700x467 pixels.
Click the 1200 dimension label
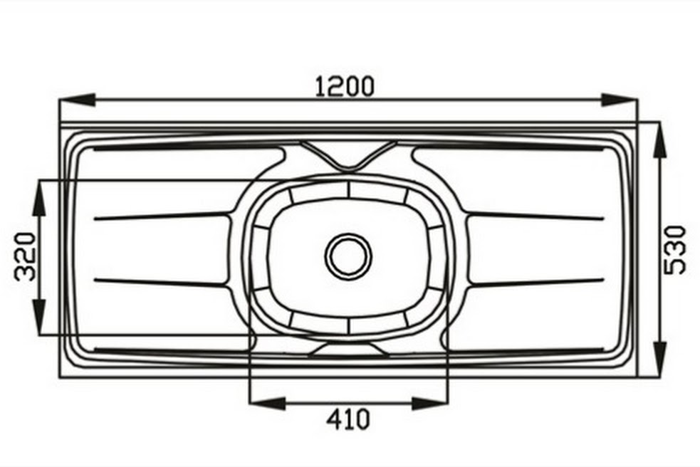click(x=345, y=86)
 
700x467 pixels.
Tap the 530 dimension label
click(x=675, y=250)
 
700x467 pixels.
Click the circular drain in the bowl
click(x=348, y=256)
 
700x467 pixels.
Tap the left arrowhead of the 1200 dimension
click(x=77, y=100)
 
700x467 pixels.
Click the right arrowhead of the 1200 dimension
click(x=620, y=100)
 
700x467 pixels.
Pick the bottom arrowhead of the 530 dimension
click(x=659, y=360)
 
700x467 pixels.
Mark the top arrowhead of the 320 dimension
click(x=40, y=198)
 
